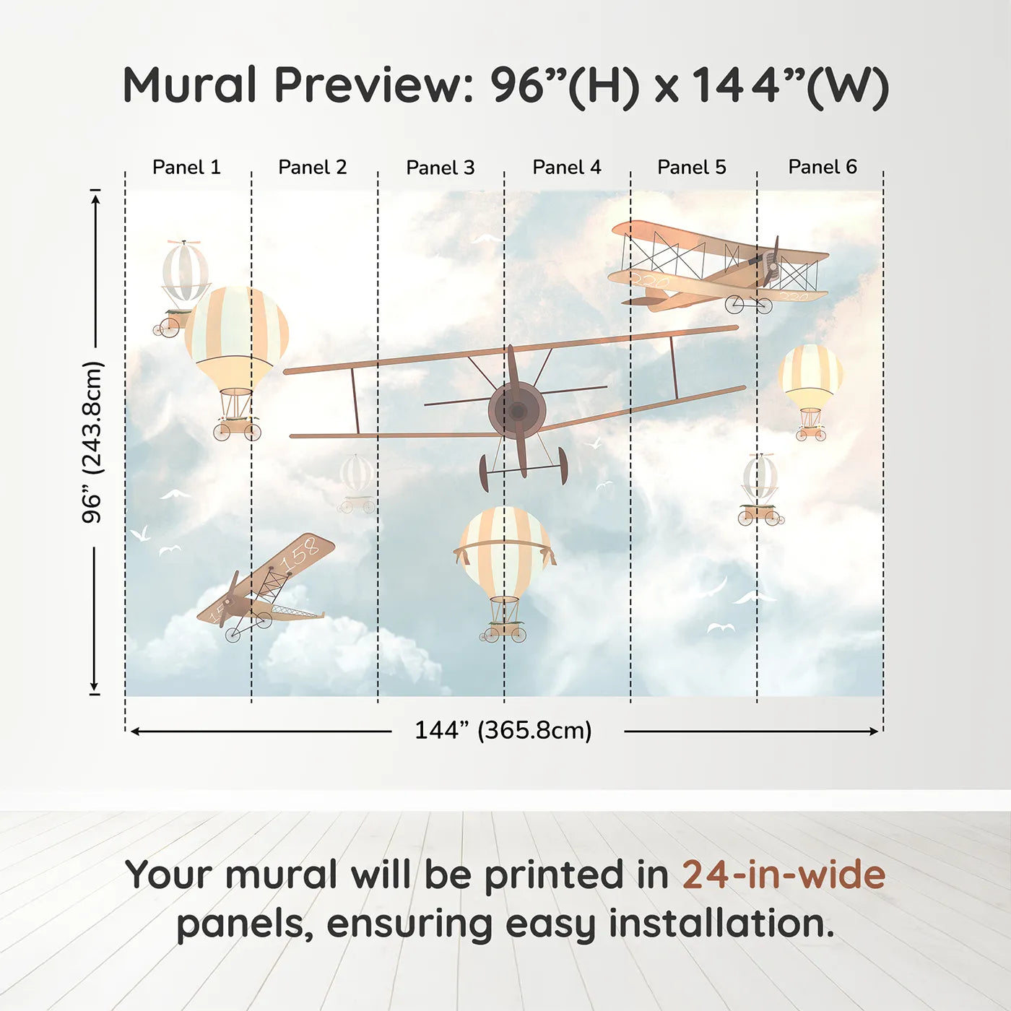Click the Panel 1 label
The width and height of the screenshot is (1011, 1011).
click(x=186, y=168)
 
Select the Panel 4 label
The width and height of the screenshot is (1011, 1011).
click(x=567, y=168)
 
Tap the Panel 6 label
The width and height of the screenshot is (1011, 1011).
click(x=823, y=168)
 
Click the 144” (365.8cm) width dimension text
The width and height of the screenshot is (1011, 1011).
click(x=503, y=731)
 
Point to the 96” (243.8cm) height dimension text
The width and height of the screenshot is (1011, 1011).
click(x=92, y=442)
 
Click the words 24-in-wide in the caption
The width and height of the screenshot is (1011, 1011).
click(x=784, y=875)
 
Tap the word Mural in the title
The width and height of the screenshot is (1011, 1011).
click(x=189, y=85)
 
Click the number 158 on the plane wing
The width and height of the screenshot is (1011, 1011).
click(x=299, y=555)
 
